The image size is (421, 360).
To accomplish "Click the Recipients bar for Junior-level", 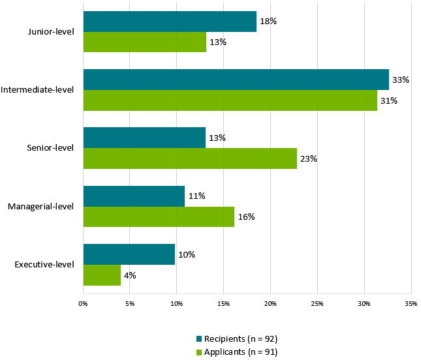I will (x=170, y=22).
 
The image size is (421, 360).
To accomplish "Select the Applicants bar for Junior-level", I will (x=145, y=42).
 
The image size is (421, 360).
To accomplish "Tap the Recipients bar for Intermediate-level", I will (x=236, y=80).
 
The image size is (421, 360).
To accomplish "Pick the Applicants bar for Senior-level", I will (x=190, y=158).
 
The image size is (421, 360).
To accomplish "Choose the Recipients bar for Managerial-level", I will (x=134, y=196).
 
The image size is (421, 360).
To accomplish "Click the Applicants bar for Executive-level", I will (x=102, y=275).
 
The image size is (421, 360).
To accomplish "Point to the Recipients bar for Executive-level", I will (x=129, y=254).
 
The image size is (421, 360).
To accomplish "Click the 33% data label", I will (x=400, y=80).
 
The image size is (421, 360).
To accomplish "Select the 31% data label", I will (x=388, y=101).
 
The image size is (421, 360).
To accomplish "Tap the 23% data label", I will (x=308, y=158).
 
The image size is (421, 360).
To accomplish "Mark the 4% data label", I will (x=130, y=275).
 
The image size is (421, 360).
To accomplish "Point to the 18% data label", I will (x=268, y=22).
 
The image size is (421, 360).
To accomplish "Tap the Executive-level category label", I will (x=44, y=264).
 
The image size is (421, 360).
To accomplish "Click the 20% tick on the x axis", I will (x=270, y=303).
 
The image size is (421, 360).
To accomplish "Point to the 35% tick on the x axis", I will (x=411, y=303).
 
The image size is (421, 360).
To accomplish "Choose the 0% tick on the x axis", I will (x=84, y=303).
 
